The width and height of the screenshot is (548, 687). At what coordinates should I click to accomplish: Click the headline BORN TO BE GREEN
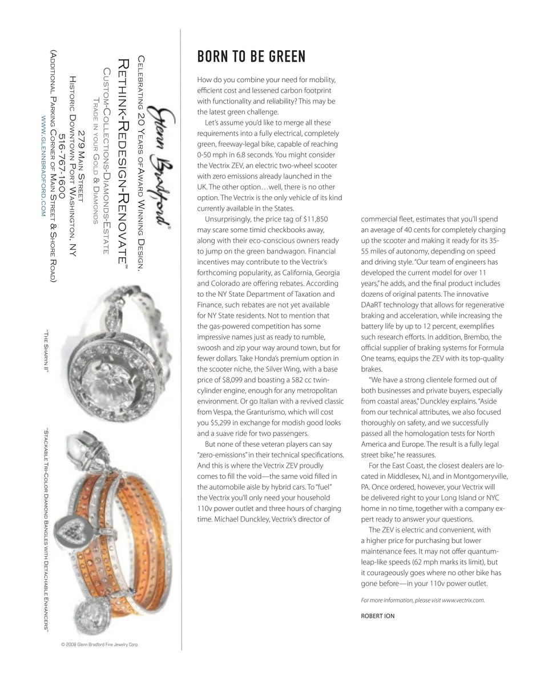(251, 57)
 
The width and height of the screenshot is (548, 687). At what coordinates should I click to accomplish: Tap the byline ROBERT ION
(378, 616)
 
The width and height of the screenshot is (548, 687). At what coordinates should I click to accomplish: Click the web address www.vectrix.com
(463, 600)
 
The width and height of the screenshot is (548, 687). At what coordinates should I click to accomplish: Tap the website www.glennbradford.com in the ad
(43, 165)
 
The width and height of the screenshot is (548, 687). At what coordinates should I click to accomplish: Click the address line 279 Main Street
(82, 166)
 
